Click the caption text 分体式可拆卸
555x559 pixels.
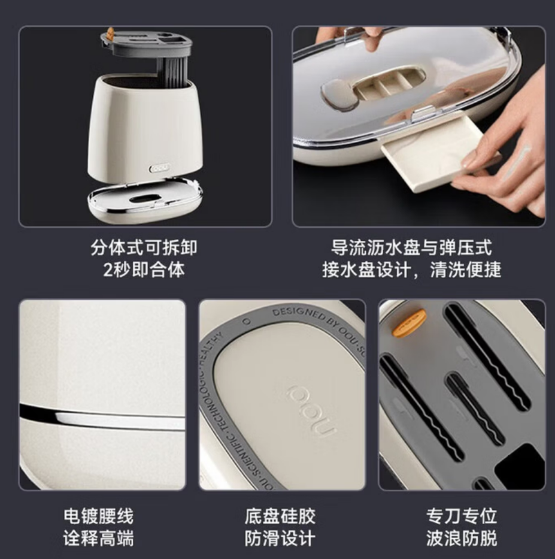point(144,247)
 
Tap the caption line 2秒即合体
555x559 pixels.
point(144,270)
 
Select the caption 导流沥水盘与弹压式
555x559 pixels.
point(411,247)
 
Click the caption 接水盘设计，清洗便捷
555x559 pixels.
point(411,270)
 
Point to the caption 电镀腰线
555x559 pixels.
point(98,515)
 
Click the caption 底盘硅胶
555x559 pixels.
point(280,515)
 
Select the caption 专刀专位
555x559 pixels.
point(461,515)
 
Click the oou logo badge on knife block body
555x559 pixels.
point(159,169)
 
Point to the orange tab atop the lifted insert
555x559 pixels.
point(110,34)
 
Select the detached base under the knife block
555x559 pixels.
point(144,199)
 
